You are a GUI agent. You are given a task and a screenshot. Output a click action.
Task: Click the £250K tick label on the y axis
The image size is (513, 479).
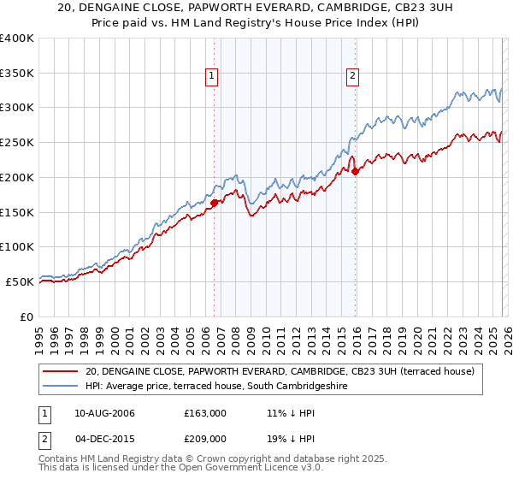coord(17,142)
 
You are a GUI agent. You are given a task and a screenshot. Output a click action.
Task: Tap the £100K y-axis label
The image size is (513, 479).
coord(17,246)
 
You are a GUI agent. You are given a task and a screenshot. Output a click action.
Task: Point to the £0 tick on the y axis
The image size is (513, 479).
coord(27,316)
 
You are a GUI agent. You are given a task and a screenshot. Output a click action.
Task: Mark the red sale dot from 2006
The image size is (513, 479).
coord(214,203)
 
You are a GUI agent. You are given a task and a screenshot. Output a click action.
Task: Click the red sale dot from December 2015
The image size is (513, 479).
coord(354,171)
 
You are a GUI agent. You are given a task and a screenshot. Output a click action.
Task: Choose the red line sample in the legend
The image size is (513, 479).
coord(61,371)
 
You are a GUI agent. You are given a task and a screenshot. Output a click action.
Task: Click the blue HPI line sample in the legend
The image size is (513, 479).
coord(61,386)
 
